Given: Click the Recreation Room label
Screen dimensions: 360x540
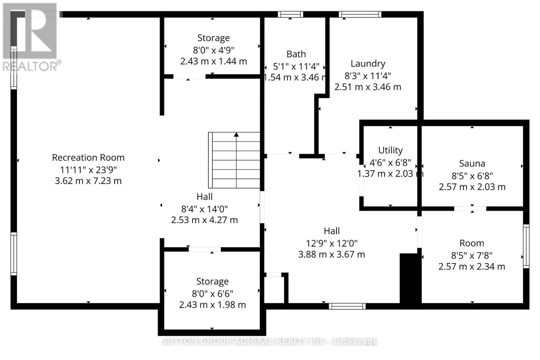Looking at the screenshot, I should pyautogui.click(x=88, y=158).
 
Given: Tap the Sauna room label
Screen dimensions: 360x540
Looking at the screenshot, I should pyautogui.click(x=472, y=164).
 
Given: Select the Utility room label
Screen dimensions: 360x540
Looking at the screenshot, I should pyautogui.click(x=390, y=150).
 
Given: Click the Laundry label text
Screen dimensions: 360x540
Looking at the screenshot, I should pyautogui.click(x=368, y=63).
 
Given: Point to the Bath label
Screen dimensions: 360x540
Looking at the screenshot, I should pyautogui.click(x=296, y=54).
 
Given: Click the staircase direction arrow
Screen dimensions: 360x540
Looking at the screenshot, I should pyautogui.click(x=236, y=135).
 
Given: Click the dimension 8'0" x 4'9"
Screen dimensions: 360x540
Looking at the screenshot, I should pyautogui.click(x=213, y=50).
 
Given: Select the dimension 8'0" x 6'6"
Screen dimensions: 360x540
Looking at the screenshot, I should pyautogui.click(x=212, y=294).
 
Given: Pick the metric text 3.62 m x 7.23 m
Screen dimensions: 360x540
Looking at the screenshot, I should pyautogui.click(x=88, y=181).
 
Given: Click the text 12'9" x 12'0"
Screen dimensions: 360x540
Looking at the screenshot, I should pyautogui.click(x=331, y=243).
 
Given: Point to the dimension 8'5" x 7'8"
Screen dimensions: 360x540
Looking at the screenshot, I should pyautogui.click(x=471, y=255).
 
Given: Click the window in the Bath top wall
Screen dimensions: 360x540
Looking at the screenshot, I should pyautogui.click(x=290, y=14).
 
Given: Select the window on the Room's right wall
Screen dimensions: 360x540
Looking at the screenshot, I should pyautogui.click(x=526, y=246).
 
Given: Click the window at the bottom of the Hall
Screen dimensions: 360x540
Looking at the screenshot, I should pyautogui.click(x=347, y=306).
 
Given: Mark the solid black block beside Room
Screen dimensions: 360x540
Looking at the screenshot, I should pyautogui.click(x=410, y=278).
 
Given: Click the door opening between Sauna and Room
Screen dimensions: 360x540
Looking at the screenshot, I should pyautogui.click(x=470, y=209).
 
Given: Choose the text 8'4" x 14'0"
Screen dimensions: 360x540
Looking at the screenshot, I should pyautogui.click(x=204, y=209).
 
